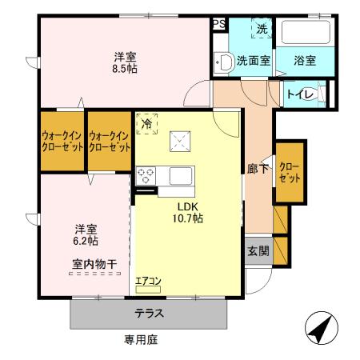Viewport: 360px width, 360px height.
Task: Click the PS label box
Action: pos(218,24)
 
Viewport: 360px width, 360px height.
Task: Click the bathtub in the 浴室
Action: pos(306,34)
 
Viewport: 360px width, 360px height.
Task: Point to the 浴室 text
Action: pos(304,60)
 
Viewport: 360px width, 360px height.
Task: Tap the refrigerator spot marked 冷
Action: pos(146,124)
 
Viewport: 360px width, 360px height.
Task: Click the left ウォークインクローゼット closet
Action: pos(63,142)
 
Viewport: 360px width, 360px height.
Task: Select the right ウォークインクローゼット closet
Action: pos(109,142)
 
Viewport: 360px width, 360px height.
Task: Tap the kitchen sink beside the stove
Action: pos(175,174)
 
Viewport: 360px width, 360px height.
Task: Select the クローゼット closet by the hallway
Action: pos(289,172)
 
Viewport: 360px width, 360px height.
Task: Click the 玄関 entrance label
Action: pos(258,251)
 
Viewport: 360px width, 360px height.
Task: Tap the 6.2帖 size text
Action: pos(87,239)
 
